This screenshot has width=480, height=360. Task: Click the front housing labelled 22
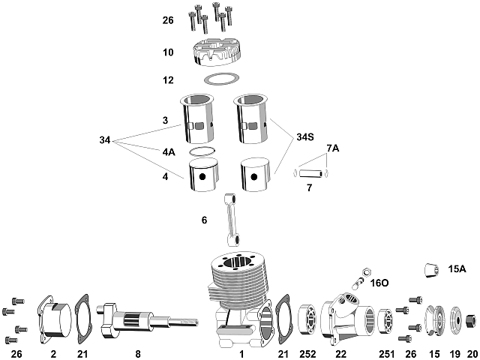point(345,317)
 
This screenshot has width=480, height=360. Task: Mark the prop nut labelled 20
point(469,320)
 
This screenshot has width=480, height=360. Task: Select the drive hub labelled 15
point(433,320)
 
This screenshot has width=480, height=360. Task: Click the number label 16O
point(379,283)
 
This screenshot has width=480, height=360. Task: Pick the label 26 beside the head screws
point(168,21)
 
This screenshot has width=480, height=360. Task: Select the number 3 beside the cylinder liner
point(164,120)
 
